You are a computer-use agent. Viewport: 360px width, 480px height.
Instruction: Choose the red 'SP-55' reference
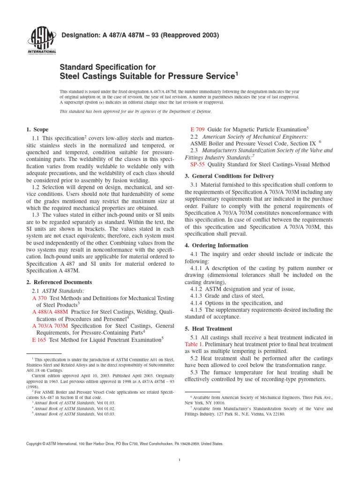(x=197, y=164)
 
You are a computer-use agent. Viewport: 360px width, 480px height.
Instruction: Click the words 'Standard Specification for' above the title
(x=107, y=67)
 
